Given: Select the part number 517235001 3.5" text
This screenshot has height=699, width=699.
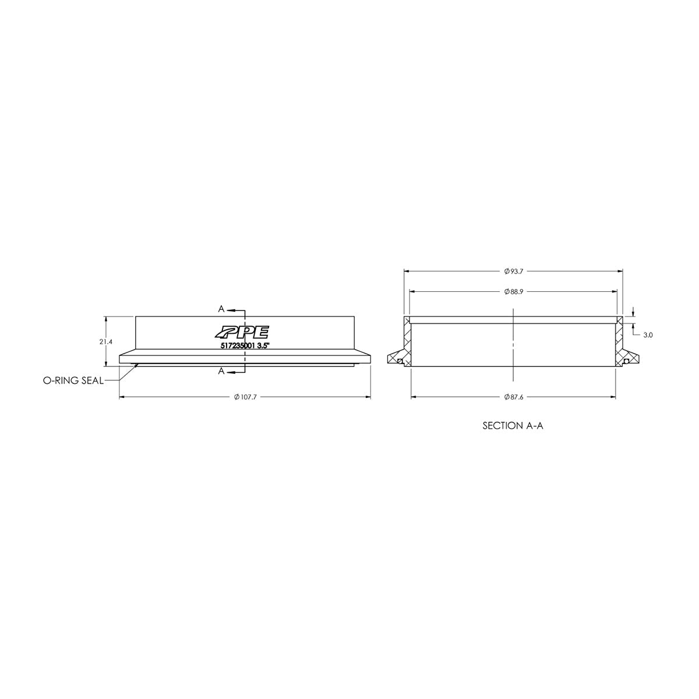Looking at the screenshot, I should tap(243, 345).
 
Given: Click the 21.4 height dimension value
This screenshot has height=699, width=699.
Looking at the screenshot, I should tap(105, 342).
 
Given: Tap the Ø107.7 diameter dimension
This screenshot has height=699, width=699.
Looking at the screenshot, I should tap(245, 397).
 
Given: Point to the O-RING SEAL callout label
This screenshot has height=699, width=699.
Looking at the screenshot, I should tap(73, 380).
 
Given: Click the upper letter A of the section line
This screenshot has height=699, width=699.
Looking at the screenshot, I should tap(221, 308).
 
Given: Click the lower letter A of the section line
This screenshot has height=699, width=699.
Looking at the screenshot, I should tap(221, 371).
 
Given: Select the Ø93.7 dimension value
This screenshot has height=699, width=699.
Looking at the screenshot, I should tap(514, 271).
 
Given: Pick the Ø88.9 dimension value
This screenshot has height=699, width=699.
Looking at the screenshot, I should tap(514, 291).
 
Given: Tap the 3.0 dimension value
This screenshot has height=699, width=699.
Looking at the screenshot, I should tap(648, 335).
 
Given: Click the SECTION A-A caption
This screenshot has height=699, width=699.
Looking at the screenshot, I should tap(513, 426).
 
